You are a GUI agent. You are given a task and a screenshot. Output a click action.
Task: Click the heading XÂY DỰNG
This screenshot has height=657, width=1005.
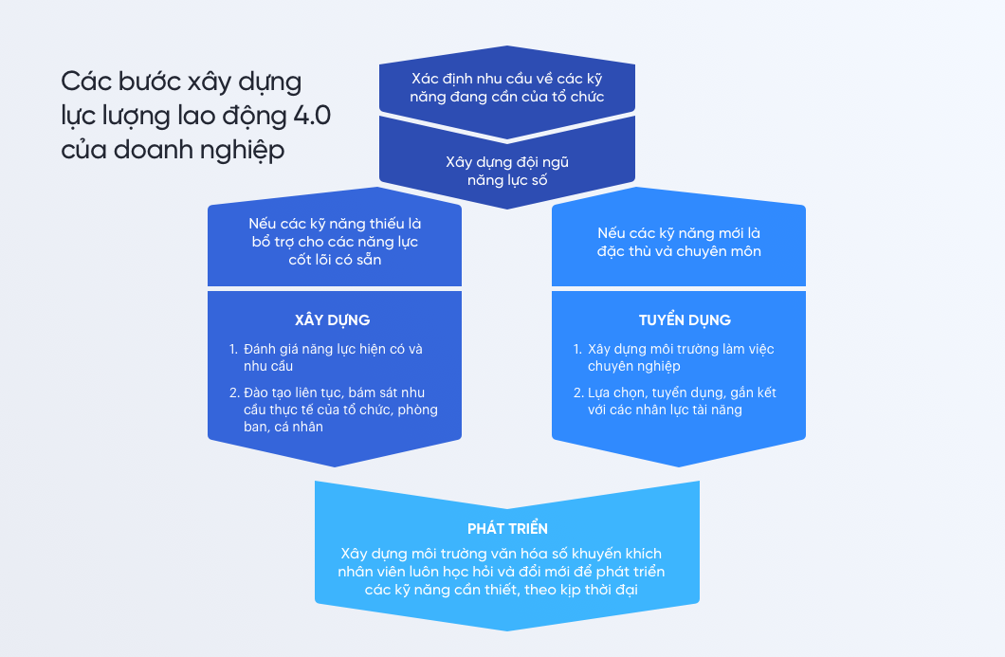point(332,319)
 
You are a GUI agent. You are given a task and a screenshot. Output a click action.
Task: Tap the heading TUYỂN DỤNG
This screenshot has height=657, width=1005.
point(678,319)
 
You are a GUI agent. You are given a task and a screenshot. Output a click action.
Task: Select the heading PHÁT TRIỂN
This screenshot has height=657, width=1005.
point(507,528)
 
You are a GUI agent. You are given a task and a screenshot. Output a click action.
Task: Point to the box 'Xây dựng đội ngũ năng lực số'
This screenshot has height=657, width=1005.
point(507,171)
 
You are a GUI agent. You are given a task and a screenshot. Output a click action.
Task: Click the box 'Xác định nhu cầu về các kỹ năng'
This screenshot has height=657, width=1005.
point(507,87)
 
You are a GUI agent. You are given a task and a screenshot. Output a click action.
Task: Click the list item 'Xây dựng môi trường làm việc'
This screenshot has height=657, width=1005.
point(681,356)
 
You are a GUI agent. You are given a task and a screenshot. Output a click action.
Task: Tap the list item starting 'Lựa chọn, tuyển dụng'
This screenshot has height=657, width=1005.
point(682,400)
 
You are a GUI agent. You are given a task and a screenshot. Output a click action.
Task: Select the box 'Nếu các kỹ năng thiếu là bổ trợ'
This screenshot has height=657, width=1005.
point(335,242)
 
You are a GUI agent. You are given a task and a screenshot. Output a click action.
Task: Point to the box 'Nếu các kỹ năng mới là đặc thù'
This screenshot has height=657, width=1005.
point(679,242)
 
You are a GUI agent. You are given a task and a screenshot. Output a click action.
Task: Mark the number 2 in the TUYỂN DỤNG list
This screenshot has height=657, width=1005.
point(577,392)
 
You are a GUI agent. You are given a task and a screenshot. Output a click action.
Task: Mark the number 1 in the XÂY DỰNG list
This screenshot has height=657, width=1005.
point(232,349)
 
